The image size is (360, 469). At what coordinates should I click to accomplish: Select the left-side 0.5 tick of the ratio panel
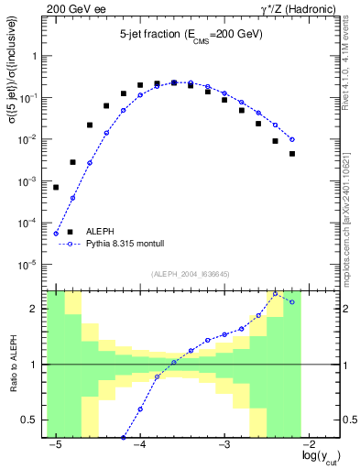tap(33, 420)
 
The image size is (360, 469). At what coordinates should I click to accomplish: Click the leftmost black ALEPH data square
tap(56, 187)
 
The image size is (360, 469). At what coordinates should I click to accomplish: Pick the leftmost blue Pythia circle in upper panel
tap(56, 234)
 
